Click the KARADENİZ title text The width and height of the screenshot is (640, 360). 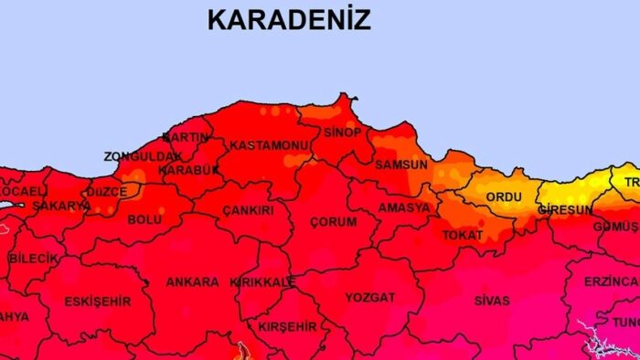[x=289, y=19]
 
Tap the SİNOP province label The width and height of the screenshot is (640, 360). [x=342, y=132]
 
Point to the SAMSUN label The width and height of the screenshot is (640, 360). [x=400, y=164]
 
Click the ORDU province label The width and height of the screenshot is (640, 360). [x=503, y=196]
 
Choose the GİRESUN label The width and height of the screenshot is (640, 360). [x=564, y=209]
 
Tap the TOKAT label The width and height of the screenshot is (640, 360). [x=463, y=236]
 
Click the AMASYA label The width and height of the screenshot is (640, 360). [x=403, y=207]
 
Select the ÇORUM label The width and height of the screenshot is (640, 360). [x=334, y=222]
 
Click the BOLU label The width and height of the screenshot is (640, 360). [x=144, y=219]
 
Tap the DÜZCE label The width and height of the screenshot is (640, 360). [x=106, y=193]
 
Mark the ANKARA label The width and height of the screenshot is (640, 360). [x=192, y=281]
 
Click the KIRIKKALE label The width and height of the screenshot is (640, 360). [x=263, y=282]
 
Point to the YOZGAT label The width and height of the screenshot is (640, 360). [x=370, y=297]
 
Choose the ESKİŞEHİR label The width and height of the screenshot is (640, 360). [x=97, y=301]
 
